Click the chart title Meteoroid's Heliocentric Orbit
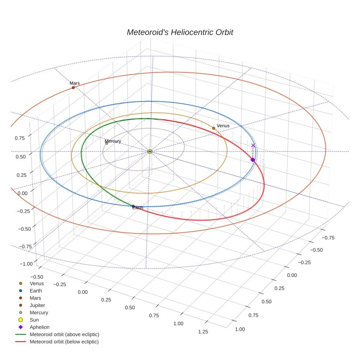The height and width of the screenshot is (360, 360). pos(180,32)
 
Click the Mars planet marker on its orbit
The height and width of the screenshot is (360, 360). pos(73,88)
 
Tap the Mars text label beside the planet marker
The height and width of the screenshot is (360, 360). pos(75,83)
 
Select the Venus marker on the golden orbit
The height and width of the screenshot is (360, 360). pos(214,128)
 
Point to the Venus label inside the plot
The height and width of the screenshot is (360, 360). pos(223,126)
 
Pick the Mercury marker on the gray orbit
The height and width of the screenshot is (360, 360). pos(107,143)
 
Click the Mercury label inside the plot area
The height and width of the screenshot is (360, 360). pos(113,141)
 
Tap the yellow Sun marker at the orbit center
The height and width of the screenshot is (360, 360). pos(150,151)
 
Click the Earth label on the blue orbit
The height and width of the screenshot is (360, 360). pos(138,208)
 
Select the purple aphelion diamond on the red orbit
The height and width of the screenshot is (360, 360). pos(252,160)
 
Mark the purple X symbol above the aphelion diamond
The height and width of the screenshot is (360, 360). pos(253,146)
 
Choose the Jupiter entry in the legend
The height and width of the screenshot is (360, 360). pos(37,305)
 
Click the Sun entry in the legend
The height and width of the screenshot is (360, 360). pos(34,320)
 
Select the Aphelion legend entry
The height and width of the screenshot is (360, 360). pos(40,327)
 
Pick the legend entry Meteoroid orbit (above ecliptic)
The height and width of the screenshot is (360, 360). pos(64,334)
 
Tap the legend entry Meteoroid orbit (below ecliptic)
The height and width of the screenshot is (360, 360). pos(64,342)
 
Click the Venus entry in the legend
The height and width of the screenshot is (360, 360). pos(37,283)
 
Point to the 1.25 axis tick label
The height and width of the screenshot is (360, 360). pos(203,331)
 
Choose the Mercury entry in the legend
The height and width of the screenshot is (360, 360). pos(39,312)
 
